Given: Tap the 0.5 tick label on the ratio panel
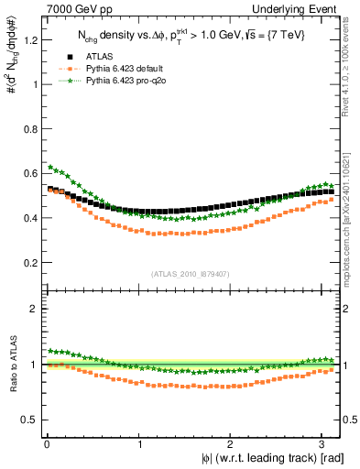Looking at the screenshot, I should click(29, 420).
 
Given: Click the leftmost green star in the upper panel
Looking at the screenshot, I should click(50, 167).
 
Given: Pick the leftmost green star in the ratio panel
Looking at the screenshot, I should click(50, 350).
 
